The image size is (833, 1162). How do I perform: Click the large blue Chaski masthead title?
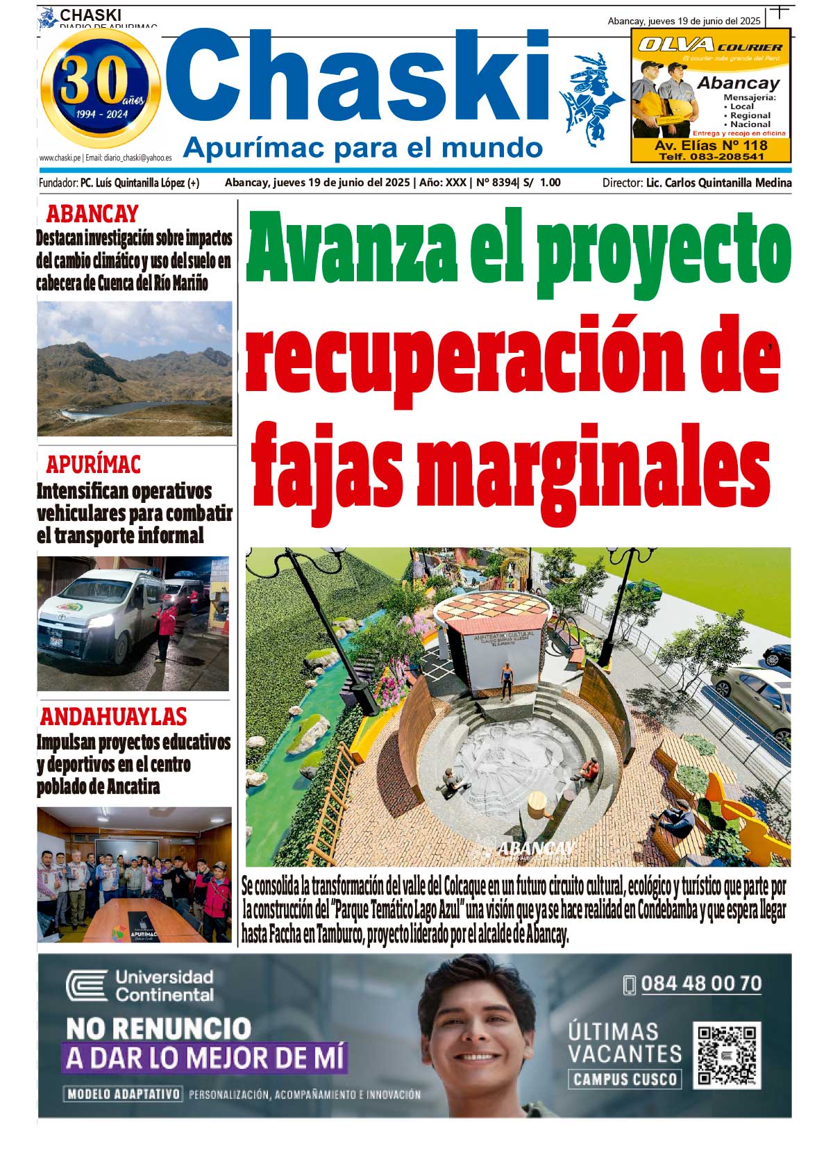click(x=358, y=81)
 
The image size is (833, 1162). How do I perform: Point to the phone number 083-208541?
click(x=710, y=157)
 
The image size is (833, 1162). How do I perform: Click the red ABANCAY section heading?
click(x=92, y=214)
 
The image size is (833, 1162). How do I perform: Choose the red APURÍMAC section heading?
click(x=93, y=464)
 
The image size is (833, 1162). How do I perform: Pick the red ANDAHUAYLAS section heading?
click(x=113, y=716)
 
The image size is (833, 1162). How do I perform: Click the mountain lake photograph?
click(x=135, y=368)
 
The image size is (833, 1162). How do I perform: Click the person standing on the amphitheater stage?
click(x=507, y=681)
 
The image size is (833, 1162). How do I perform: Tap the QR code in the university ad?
click(x=727, y=1054)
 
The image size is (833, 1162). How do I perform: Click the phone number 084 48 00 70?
click(x=700, y=983)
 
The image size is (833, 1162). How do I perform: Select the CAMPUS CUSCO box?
click(x=625, y=1079)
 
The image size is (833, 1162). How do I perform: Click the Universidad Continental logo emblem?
click(x=87, y=986)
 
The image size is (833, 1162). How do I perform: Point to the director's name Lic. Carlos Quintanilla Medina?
click(x=718, y=183)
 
